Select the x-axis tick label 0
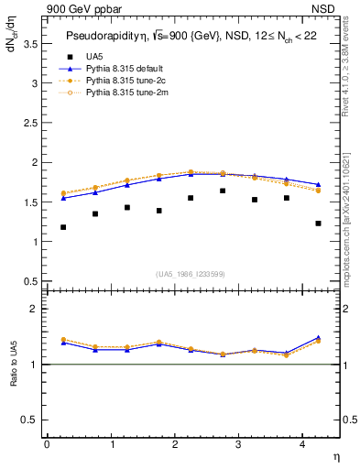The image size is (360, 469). tap(47, 444)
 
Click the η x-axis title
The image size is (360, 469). tap(335, 457)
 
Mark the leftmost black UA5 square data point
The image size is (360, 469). tap(63, 227)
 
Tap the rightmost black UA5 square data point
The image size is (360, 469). tap(318, 224)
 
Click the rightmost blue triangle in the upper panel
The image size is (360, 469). tap(318, 184)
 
